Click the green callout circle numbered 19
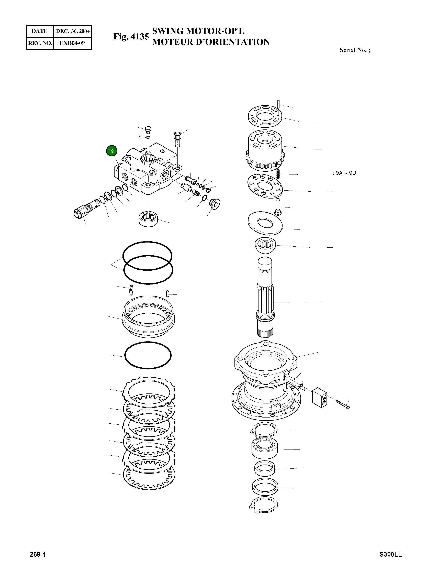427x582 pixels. coord(111,151)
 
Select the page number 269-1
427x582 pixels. coord(38,554)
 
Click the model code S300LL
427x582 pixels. coord(391,554)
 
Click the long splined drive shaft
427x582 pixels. coord(265,297)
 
